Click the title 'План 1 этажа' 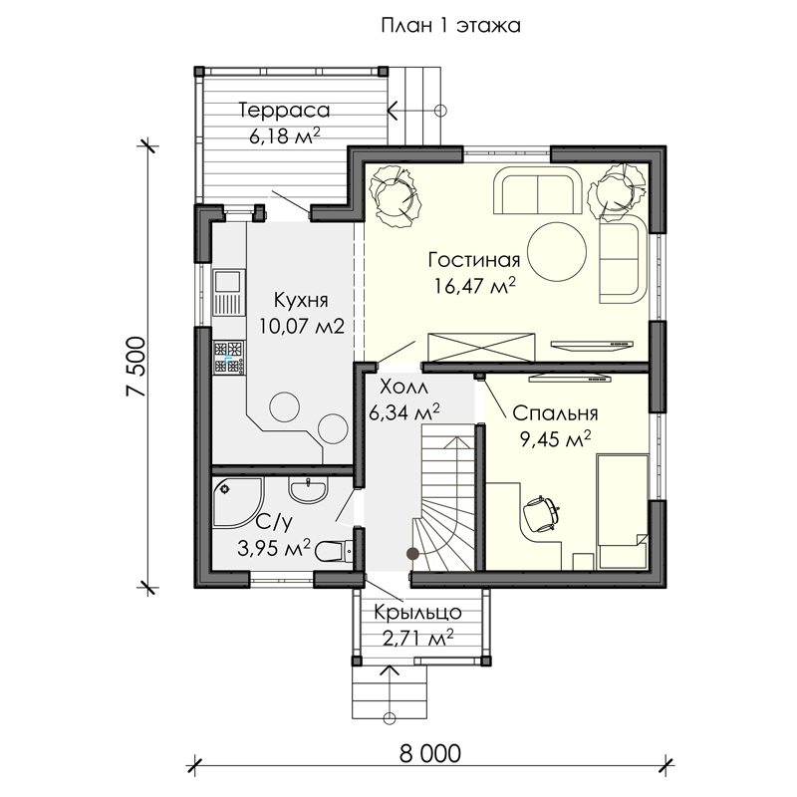pos(451,26)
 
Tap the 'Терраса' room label pos(285,111)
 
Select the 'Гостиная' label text pos(474,260)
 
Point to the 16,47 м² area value pos(475,285)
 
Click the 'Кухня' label pos(301,300)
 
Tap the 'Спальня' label pos(555,413)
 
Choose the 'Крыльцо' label pos(417,613)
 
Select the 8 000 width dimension pos(430,754)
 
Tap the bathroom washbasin pos(308,489)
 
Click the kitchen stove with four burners pos(229,359)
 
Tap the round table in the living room pos(557,252)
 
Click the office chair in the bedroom pos(541,514)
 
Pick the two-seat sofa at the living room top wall pos(537,191)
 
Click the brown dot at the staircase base pos(412,554)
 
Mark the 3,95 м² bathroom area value pos(274,548)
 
